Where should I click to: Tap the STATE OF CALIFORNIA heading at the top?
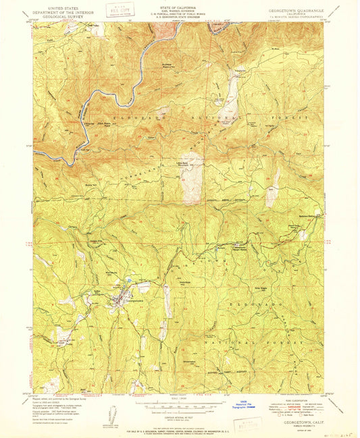point(180,8)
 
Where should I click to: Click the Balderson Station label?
point(309,215)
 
